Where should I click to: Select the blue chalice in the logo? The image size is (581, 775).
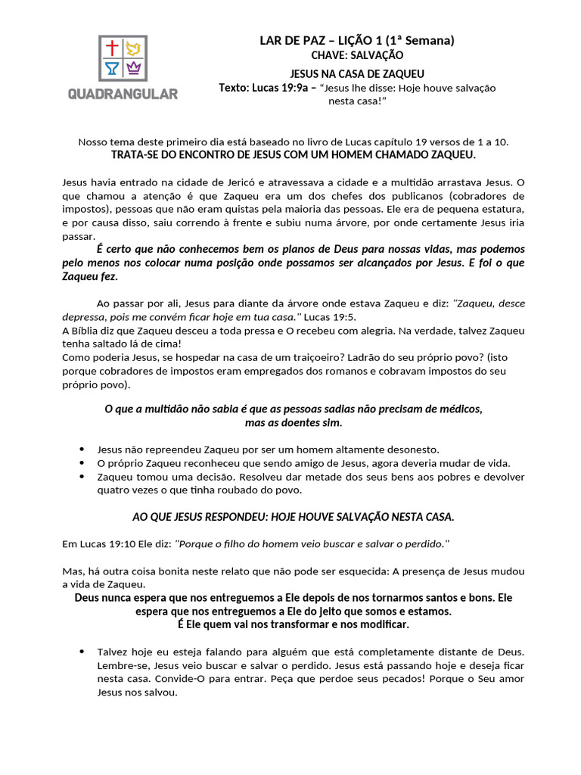click(112, 70)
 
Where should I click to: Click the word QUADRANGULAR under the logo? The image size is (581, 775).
click(123, 94)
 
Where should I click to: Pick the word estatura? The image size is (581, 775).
click(502, 209)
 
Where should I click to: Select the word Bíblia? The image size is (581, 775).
click(81, 331)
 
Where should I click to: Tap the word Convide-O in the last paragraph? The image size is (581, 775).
click(170, 679)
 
